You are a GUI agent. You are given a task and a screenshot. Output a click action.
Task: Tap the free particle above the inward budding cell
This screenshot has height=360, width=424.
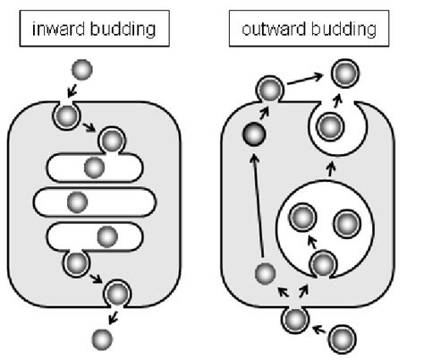click(x=81, y=70)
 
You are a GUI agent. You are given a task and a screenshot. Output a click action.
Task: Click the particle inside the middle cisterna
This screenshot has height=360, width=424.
click(x=78, y=201)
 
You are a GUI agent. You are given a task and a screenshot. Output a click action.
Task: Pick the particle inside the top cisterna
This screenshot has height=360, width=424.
click(x=94, y=167)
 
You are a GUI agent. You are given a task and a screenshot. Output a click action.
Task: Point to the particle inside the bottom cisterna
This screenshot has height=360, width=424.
click(x=107, y=236)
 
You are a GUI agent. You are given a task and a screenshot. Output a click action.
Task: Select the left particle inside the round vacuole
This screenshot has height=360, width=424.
click(x=302, y=218)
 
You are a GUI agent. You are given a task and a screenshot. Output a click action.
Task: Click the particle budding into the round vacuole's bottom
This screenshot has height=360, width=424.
click(x=323, y=262)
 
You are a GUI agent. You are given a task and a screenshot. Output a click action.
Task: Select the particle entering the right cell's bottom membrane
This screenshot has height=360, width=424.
click(x=294, y=317)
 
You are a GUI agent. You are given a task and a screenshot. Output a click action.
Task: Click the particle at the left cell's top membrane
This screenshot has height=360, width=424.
click(x=65, y=115)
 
